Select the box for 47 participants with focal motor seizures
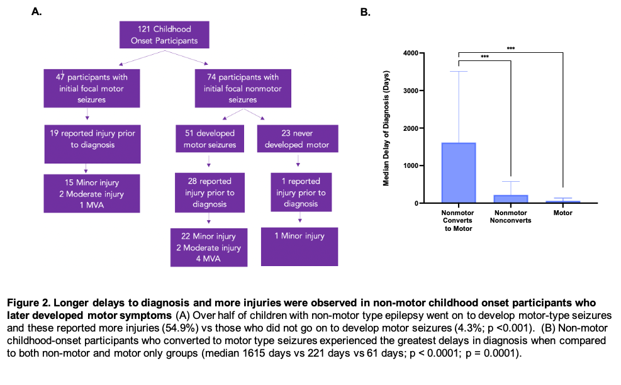92,88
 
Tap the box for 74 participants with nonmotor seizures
243,88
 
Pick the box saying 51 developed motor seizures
210,140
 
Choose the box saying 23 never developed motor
298,140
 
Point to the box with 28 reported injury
210,192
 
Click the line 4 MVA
209,259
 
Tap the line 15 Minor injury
92,183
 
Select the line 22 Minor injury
209,237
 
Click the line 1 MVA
92,205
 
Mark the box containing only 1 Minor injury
299,246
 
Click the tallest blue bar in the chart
459,172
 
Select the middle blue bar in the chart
511,198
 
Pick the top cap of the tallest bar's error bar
459,72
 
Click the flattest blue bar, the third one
563,201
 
